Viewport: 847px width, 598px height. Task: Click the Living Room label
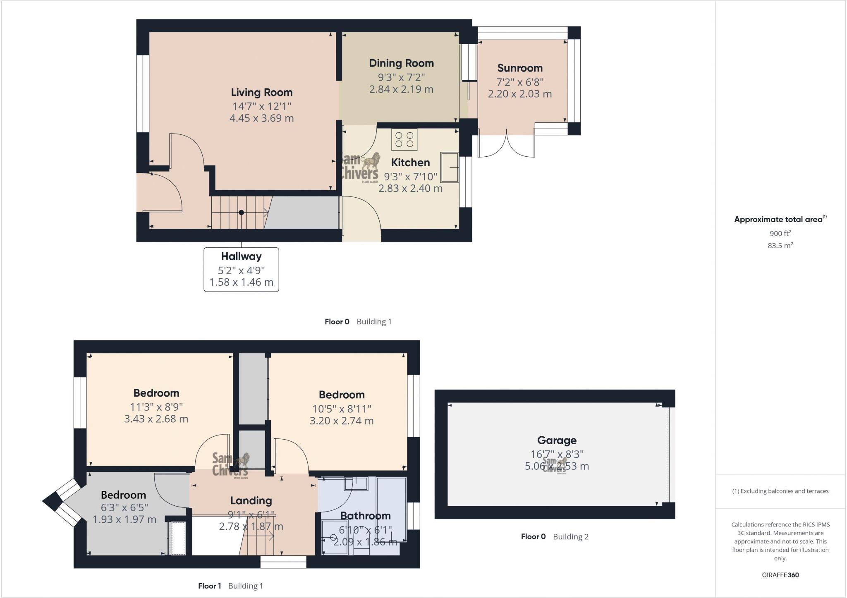[x=261, y=92]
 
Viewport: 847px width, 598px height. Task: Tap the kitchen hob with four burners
[x=404, y=139]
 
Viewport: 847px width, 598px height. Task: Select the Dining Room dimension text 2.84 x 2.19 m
[x=401, y=89]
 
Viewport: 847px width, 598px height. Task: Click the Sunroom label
[x=519, y=68]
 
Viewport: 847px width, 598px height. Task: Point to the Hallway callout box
[x=241, y=269]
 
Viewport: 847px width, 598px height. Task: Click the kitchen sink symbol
[x=450, y=167]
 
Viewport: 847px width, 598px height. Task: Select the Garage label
[x=556, y=440]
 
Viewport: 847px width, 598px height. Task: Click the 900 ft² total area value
[x=780, y=233]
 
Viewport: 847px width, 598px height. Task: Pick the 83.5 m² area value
[x=780, y=246]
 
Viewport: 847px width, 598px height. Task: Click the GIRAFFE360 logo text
[x=780, y=575]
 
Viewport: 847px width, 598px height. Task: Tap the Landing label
[x=251, y=500]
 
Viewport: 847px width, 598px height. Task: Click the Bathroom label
[x=365, y=516]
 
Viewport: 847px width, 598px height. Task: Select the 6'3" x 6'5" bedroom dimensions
[x=124, y=507]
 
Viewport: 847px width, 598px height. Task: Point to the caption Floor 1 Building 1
[x=230, y=586]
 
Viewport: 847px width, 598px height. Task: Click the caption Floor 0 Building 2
[x=554, y=536]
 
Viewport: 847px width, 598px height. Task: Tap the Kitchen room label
[x=410, y=163]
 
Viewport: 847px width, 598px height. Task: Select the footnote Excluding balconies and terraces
[x=780, y=491]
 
